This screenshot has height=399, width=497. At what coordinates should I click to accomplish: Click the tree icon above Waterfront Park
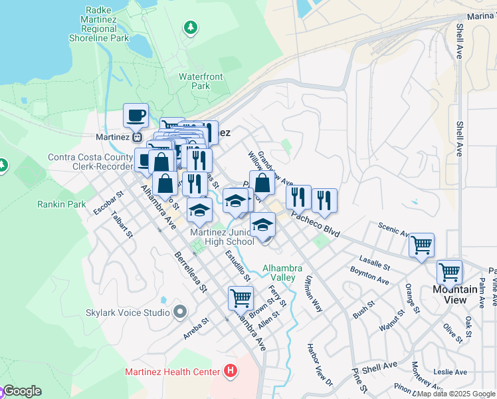pyautogui.click(x=191, y=27)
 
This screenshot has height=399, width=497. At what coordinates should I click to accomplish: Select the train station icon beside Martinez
pyautogui.click(x=138, y=137)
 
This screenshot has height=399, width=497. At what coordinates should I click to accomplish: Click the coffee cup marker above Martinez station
pyautogui.click(x=136, y=115)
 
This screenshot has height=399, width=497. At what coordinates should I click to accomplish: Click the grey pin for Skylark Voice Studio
pyautogui.click(x=179, y=312)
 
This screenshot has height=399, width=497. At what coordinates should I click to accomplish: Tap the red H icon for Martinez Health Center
pyautogui.click(x=231, y=370)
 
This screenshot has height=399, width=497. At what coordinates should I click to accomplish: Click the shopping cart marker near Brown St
pyautogui.click(x=241, y=297)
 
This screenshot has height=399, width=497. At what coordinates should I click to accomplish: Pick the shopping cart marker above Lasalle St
pyautogui.click(x=421, y=245)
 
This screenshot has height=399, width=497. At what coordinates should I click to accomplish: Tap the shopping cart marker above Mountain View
pyautogui.click(x=449, y=271)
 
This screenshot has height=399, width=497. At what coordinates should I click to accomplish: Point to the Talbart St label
pyautogui.click(x=122, y=225)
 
